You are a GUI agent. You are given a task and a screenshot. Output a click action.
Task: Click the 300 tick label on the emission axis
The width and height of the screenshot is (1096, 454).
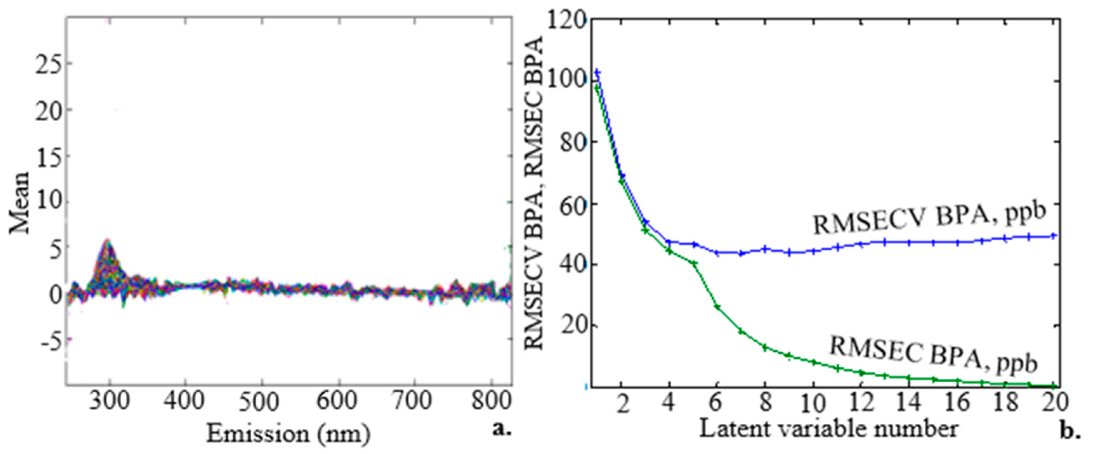tap(109, 402)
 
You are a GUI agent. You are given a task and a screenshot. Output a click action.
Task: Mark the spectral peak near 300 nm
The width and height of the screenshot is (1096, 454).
tap(108, 241)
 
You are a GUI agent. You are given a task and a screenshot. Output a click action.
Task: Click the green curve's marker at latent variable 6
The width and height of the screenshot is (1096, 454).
tap(717, 307)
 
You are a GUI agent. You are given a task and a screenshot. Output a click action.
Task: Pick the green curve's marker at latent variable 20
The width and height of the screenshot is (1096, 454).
tap(1054, 386)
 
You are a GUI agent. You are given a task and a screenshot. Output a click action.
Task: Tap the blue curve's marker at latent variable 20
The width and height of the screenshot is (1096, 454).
tap(1054, 235)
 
